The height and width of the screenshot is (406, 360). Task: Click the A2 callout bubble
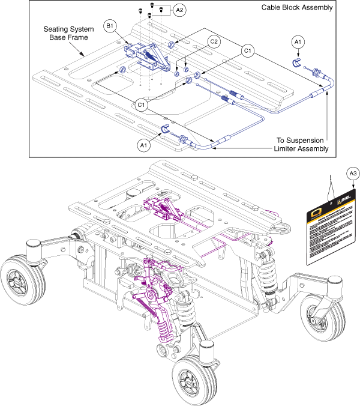pos(179,10)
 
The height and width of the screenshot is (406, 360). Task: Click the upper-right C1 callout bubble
pos(247,51)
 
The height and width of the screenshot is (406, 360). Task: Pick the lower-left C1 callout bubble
pos(142,105)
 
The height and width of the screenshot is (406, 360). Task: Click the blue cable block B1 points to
pos(147,54)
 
